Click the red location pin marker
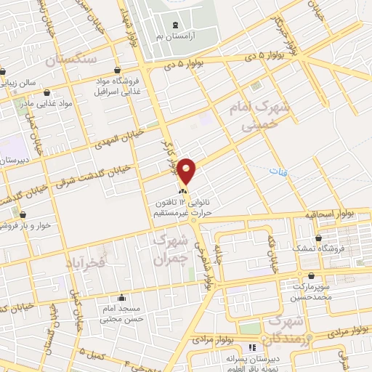187,171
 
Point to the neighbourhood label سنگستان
70,60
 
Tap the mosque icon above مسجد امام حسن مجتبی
121,297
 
